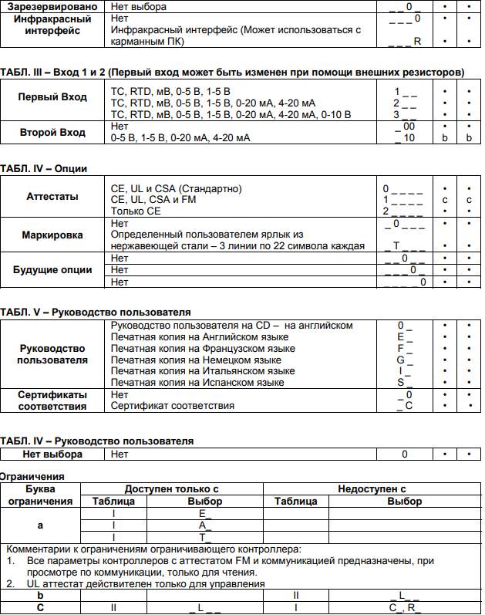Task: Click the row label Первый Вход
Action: point(52,97)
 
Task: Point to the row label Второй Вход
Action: point(52,132)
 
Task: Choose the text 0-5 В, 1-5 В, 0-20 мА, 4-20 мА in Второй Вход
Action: point(180,138)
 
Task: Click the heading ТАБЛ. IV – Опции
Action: point(43,168)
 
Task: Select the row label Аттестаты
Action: point(52,197)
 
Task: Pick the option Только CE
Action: point(136,211)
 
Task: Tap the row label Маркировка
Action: point(52,235)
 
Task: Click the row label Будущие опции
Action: point(52,270)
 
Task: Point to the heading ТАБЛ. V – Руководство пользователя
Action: point(95,312)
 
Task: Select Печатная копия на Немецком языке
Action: point(196,360)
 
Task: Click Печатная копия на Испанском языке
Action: point(197,382)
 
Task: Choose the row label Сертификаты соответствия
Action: point(52,400)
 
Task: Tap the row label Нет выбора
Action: point(52,454)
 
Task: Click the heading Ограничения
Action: point(32,476)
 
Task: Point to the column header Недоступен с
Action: point(372,489)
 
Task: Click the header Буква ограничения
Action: point(40,495)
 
